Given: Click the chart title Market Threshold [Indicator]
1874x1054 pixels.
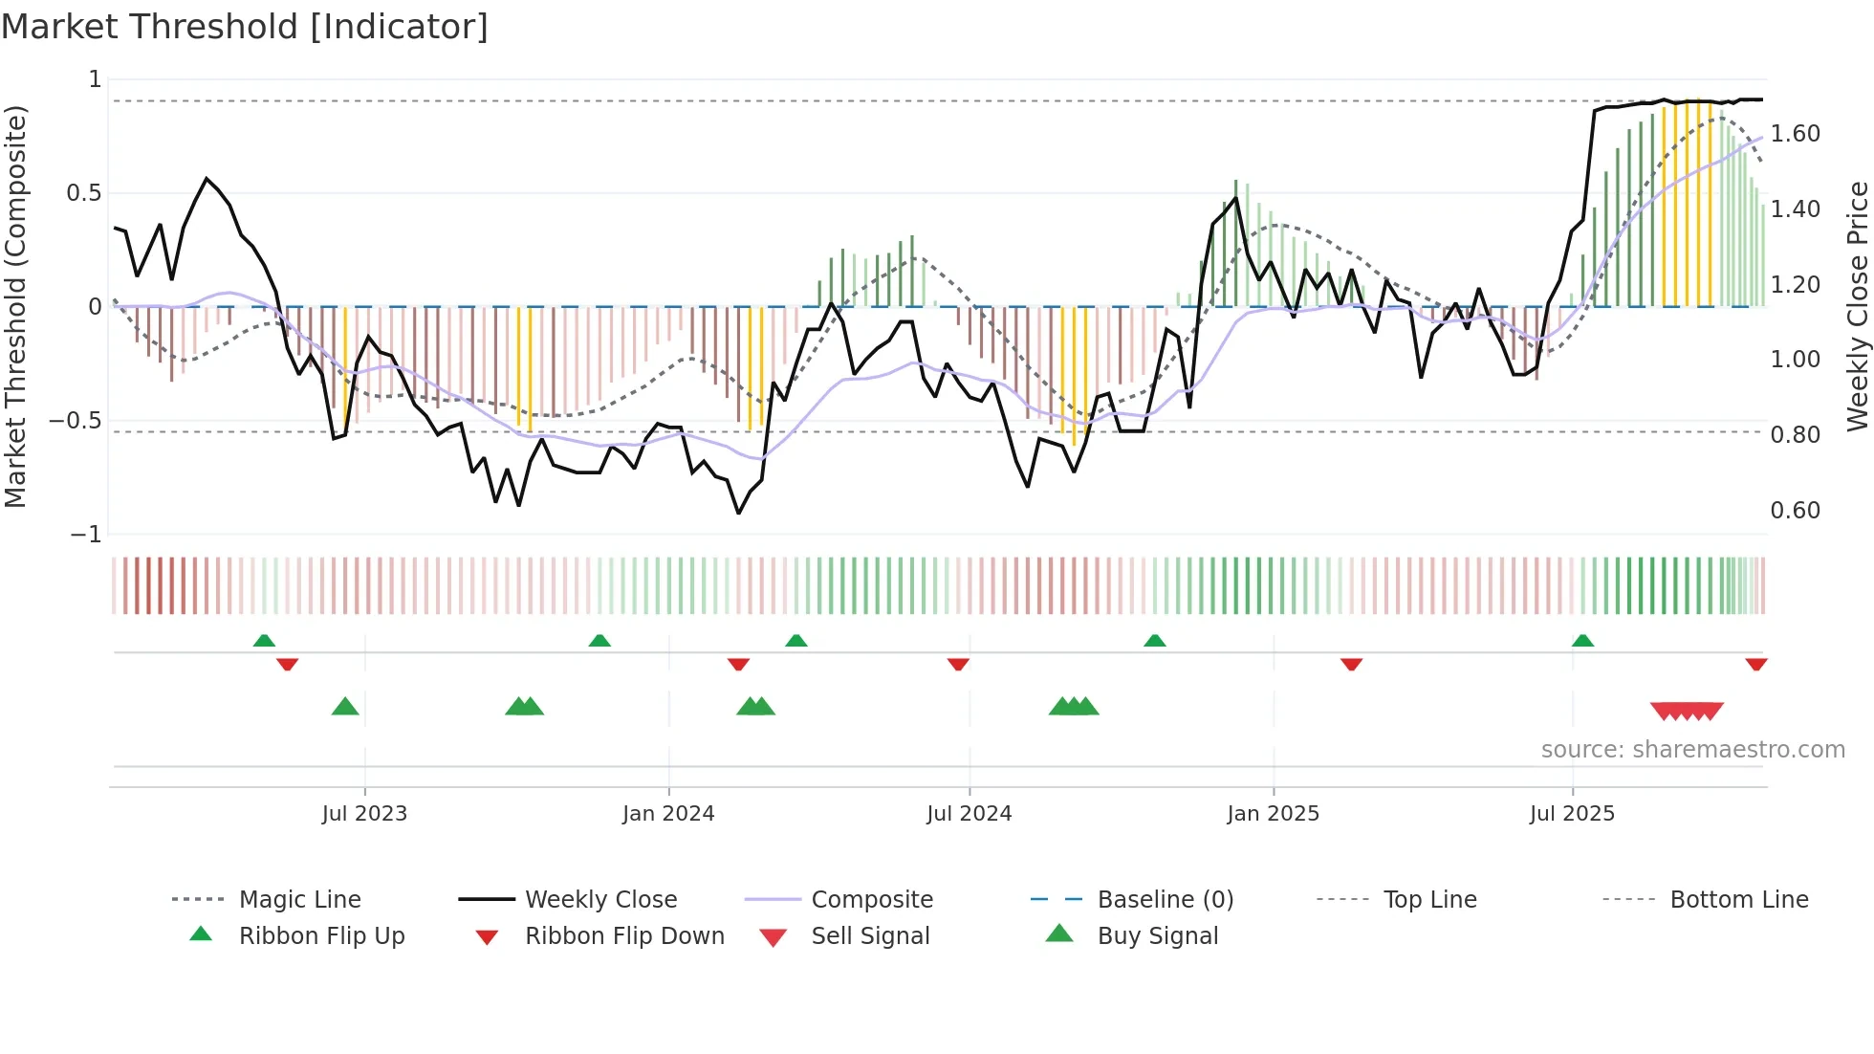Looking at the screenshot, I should click(x=245, y=27).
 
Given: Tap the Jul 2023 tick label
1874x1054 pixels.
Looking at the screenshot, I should click(x=364, y=814).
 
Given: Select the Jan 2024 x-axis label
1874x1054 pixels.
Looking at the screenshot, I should click(x=668, y=814).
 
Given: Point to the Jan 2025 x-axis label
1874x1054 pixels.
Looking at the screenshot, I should click(x=1273, y=814).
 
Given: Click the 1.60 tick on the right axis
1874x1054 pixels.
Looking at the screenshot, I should click(x=1795, y=134).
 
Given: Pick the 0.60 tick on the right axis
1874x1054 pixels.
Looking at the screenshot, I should click(x=1795, y=511).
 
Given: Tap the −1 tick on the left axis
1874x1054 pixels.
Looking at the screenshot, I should click(x=86, y=535).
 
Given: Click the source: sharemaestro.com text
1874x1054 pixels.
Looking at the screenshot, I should click(x=1692, y=750).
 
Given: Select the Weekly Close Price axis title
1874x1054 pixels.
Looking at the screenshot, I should click(x=1857, y=306).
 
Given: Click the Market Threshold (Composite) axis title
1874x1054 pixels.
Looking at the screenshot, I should click(x=15, y=306).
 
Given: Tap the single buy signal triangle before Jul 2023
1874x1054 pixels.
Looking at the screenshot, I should click(x=345, y=708).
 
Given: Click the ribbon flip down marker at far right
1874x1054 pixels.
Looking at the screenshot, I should click(x=1756, y=664).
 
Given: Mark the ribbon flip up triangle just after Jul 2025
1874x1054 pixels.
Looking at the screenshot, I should click(x=1582, y=641).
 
